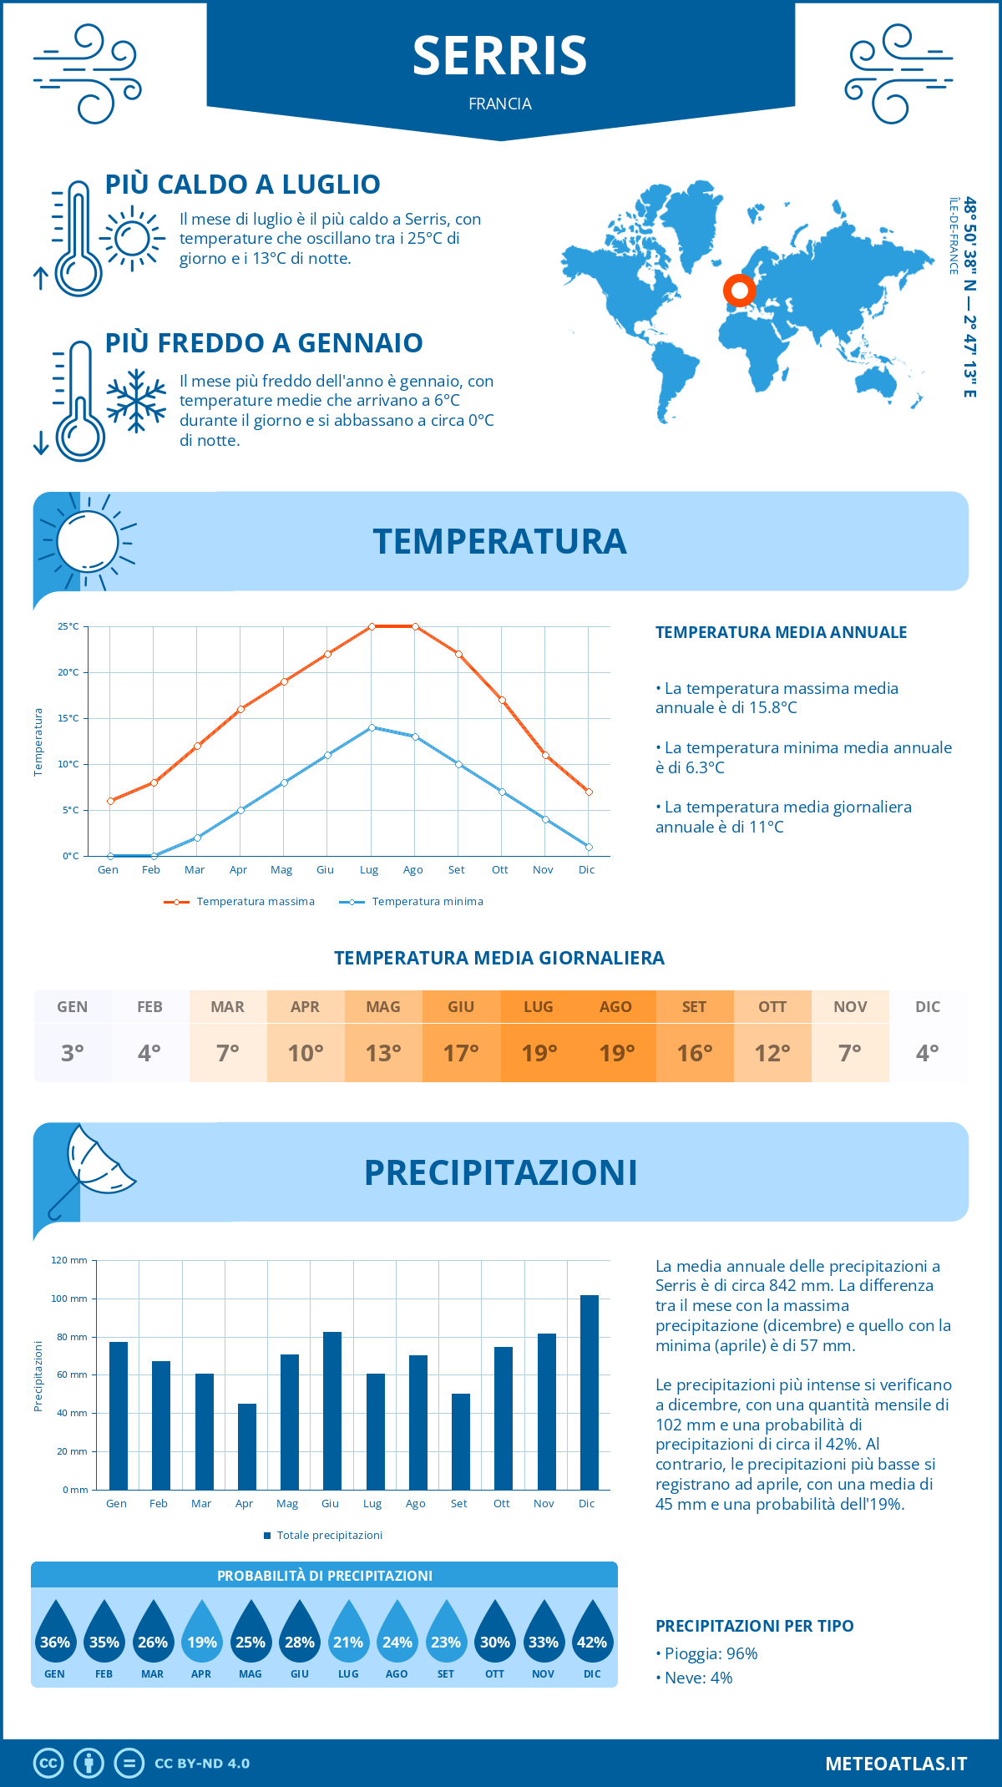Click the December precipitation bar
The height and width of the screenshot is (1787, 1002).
pos(590,1392)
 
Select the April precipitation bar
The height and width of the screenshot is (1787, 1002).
pos(247,1446)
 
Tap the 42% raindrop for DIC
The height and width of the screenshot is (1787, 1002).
pos(592,1633)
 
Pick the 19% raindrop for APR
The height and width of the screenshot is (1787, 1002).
pos(202,1633)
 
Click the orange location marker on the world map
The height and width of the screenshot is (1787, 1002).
pos(739,291)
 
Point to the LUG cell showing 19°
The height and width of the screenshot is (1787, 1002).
pos(539,1036)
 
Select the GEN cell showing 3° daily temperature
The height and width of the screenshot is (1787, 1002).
pos(73,1036)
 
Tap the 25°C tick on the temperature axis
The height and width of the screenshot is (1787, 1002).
pos(69,626)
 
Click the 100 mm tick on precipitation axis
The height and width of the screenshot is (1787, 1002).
pos(70,1298)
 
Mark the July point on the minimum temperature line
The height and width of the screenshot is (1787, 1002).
pos(372,727)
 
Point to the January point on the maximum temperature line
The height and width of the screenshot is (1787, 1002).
pos(110,801)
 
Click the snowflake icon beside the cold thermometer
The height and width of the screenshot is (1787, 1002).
pos(136,400)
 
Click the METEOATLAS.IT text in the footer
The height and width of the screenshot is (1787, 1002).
pos(895,1763)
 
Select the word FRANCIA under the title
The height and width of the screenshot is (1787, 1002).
pos(500,104)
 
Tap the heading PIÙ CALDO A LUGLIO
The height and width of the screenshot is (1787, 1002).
pos(243,184)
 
